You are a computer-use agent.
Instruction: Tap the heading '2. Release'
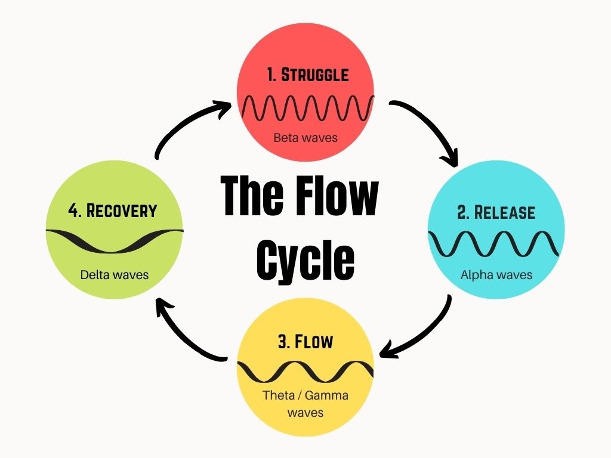coord(496,212)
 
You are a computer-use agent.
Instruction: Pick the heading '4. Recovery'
coord(112,211)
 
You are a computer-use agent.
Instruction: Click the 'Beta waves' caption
coord(305,138)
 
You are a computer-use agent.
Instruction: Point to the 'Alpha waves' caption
coord(496,275)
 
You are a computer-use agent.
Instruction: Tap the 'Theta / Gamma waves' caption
coord(305,403)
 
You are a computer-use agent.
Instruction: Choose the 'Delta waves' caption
coord(115,275)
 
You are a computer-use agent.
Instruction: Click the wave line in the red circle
coord(308,107)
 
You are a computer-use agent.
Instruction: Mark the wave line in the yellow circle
coord(305,372)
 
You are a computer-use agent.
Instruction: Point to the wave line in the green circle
coord(115,239)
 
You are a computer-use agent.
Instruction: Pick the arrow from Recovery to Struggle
coord(185,125)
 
